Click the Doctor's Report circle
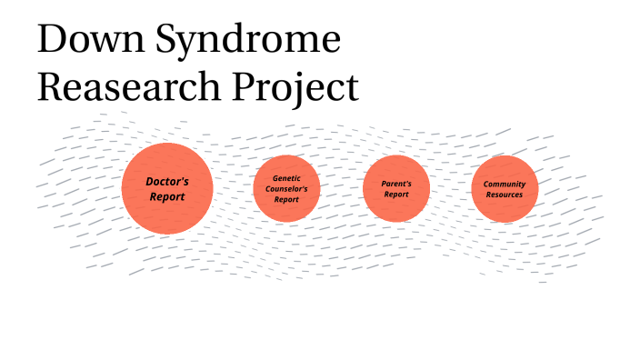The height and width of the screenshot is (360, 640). (167, 188)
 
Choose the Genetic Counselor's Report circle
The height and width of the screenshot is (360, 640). (286, 188)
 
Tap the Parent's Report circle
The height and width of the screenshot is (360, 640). (395, 188)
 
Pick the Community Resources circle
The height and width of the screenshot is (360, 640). (505, 188)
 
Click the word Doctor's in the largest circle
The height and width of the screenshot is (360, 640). (167, 181)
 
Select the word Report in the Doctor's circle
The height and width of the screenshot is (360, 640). (167, 196)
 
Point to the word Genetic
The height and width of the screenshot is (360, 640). (286, 177)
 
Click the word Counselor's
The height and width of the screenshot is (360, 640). (286, 188)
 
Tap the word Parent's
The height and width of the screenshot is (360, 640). (395, 183)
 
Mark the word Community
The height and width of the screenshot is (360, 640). (505, 184)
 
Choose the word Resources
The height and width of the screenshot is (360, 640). (505, 195)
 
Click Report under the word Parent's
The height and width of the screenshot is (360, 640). (395, 195)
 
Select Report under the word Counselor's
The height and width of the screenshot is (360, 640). (286, 199)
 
